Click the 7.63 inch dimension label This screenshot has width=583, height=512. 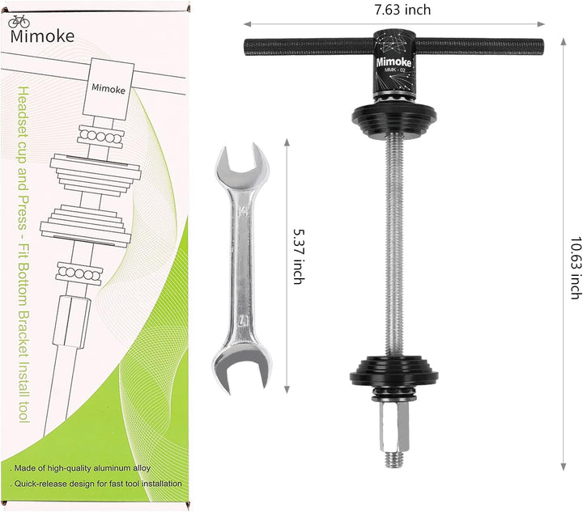tap(402, 10)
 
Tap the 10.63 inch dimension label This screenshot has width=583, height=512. tap(576, 268)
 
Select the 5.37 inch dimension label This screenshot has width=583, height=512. tap(299, 256)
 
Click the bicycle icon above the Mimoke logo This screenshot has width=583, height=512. tap(19, 22)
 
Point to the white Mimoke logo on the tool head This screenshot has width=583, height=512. tap(394, 62)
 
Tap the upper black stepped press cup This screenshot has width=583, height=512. tap(394, 120)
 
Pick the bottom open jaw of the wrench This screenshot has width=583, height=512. tap(241, 366)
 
